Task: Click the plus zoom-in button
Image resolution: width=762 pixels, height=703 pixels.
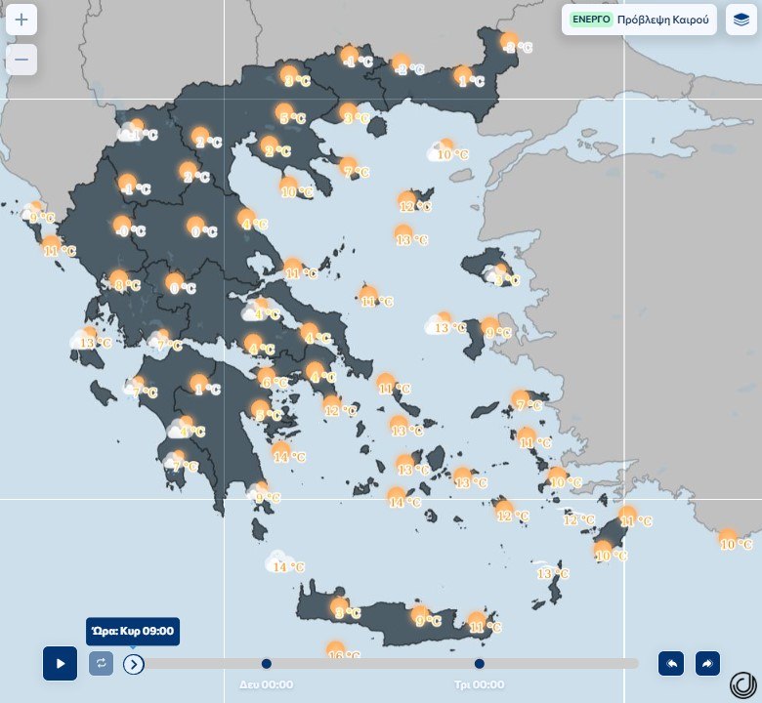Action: tap(21, 20)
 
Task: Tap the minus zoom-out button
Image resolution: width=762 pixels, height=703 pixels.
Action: tap(21, 60)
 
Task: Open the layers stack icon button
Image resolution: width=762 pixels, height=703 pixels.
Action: tap(741, 20)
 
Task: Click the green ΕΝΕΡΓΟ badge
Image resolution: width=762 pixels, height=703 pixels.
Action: tap(590, 20)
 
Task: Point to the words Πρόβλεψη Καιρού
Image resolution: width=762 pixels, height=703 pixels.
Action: tap(663, 20)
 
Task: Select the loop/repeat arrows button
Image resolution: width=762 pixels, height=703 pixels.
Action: tap(101, 664)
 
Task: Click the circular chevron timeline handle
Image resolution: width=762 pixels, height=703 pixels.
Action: tap(134, 664)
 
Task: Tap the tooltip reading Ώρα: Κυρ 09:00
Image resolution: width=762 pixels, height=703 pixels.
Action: tap(132, 631)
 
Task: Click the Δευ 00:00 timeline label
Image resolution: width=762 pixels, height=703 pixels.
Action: tap(266, 684)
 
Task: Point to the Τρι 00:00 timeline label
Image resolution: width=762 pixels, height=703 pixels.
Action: tap(479, 684)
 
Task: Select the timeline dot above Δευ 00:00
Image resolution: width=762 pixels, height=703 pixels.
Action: tap(267, 664)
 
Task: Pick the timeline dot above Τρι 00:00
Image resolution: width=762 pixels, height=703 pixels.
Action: tap(480, 664)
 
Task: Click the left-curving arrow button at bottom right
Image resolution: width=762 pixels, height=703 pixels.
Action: tap(671, 664)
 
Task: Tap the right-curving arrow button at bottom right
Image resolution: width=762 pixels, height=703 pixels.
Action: tap(707, 664)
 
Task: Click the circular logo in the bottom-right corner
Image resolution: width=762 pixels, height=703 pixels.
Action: tap(743, 683)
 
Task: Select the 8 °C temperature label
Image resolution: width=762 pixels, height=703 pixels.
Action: tap(126, 285)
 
